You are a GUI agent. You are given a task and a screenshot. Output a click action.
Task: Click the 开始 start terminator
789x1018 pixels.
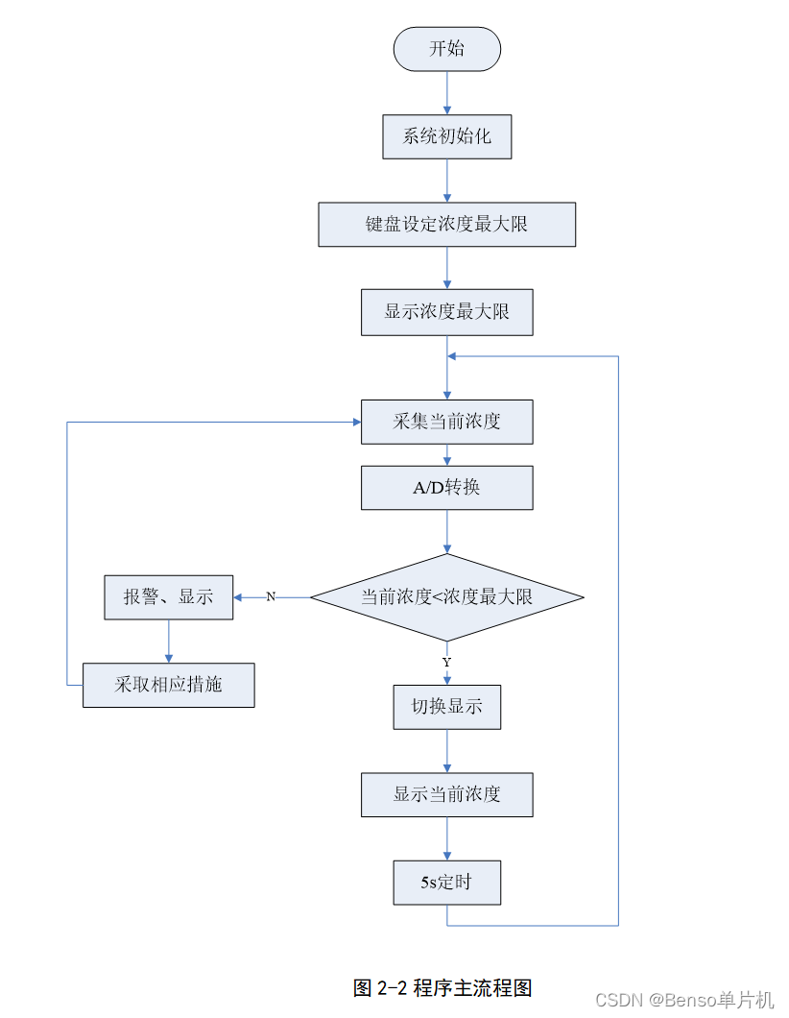pos(446,49)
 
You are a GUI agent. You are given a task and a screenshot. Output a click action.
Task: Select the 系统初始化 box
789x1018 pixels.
pos(446,136)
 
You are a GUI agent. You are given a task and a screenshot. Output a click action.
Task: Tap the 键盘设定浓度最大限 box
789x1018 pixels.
pos(446,225)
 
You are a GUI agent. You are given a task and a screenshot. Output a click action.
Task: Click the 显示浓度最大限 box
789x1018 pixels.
pos(446,312)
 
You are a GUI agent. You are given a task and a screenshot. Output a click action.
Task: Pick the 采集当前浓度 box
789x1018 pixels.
pos(446,422)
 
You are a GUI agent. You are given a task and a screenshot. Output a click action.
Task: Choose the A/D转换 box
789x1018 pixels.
pos(446,488)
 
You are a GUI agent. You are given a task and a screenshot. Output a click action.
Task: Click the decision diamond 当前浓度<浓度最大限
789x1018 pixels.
pos(446,597)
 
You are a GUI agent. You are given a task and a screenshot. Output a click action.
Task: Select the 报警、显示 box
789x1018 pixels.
pos(168,597)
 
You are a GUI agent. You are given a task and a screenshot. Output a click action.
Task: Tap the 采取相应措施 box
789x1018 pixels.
pos(168,686)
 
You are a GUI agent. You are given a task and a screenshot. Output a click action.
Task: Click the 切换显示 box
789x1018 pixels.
pos(446,707)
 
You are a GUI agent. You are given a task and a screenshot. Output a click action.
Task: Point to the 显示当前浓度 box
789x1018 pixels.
pos(446,794)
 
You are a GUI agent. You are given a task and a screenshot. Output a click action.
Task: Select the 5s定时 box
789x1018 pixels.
pos(446,883)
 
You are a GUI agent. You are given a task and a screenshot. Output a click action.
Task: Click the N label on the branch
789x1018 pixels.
pos(271,597)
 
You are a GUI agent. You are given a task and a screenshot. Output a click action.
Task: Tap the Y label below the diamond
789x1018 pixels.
pos(446,663)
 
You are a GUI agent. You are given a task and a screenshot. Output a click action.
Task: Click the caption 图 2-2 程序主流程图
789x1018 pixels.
pos(442,987)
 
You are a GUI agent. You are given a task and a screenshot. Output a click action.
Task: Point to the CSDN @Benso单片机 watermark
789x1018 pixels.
pos(684,1000)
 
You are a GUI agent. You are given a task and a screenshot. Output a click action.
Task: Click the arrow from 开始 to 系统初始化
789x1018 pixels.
pos(447,93)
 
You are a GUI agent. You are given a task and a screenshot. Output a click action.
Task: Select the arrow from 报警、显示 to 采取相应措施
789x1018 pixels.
pos(169,642)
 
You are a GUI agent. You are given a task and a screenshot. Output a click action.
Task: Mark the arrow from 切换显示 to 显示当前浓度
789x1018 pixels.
pos(447,751)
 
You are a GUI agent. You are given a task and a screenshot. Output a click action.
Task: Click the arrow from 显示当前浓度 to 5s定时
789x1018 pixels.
pos(447,838)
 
